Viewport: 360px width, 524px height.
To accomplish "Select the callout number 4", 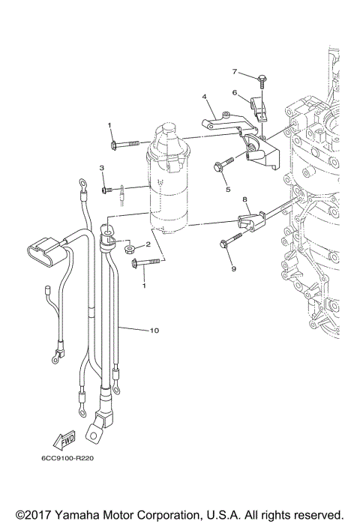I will [x=204, y=97].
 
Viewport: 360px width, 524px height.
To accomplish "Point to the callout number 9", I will [x=232, y=268].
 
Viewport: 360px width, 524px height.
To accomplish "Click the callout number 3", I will [x=101, y=168].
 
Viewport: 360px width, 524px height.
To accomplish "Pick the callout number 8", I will [x=244, y=200].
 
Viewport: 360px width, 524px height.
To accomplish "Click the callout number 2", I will [x=148, y=244].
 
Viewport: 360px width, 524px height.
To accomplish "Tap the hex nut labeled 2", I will [x=130, y=247].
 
